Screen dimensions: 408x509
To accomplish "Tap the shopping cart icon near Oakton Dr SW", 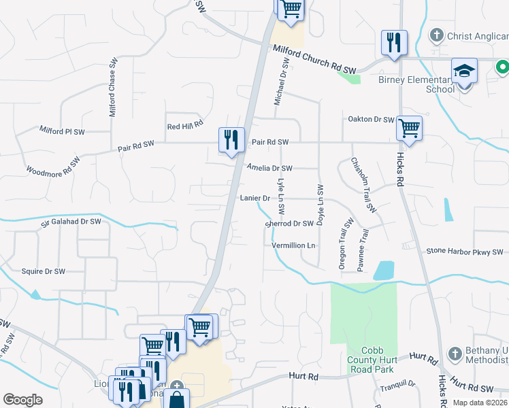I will tap(409, 127).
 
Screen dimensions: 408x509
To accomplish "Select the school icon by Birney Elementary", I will tap(465, 70).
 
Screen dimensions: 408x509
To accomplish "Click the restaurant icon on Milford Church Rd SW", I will tap(394, 42).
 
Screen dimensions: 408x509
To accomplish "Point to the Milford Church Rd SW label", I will tap(315, 60).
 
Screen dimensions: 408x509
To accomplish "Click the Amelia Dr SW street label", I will tap(269, 168).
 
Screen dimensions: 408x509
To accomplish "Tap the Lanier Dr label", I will tap(255, 198).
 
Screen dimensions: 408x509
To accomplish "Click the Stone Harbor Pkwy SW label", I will tap(465, 252).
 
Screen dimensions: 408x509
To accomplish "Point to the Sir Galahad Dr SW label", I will tap(71, 221).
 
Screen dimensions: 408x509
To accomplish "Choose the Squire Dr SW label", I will tap(44, 271).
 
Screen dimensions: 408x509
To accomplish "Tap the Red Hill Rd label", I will tap(186, 126).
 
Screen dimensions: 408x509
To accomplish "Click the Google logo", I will tap(22, 400).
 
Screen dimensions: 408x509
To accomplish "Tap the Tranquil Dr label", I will tap(398, 384).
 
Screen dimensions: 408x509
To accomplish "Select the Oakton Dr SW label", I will tap(371, 120).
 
